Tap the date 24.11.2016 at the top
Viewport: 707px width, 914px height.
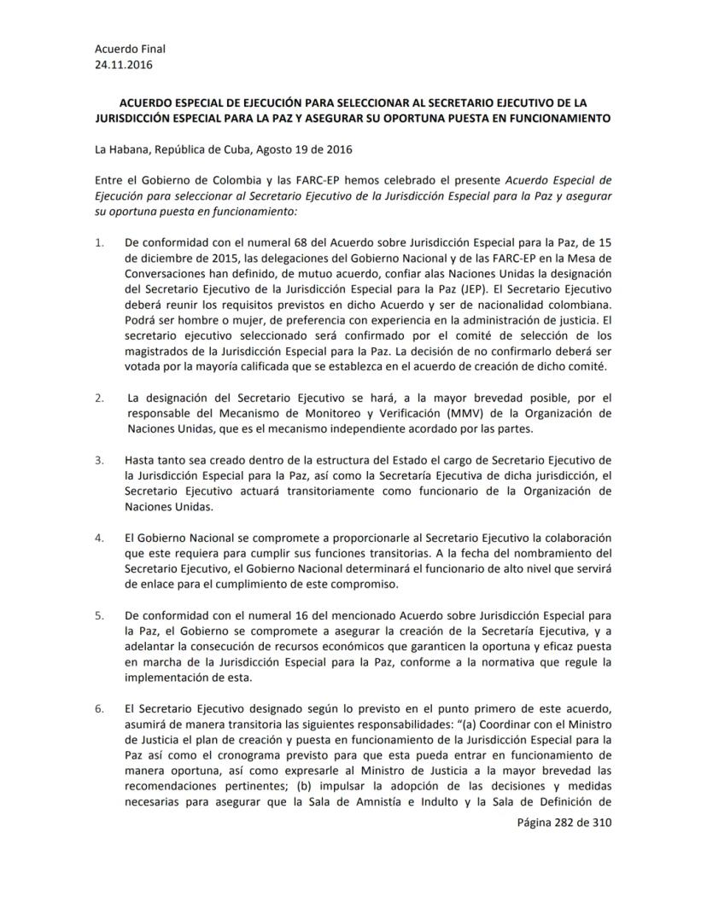pos(120,64)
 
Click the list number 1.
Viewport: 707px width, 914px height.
pos(99,242)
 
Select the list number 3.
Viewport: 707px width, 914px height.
pos(99,460)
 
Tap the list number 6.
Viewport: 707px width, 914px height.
pos(99,707)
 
